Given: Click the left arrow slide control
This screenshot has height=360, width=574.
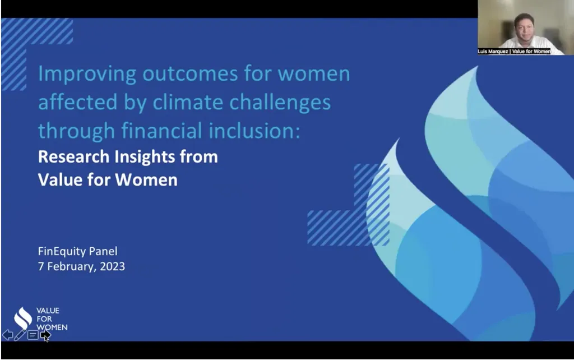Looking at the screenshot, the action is [x=7, y=335].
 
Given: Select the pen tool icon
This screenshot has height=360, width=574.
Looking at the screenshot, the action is [x=20, y=335].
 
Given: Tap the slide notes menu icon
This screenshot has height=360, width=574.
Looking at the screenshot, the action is [x=33, y=335].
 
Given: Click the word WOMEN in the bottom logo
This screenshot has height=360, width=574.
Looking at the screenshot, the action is [x=52, y=327].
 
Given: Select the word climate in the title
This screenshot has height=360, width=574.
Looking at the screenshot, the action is [x=187, y=102].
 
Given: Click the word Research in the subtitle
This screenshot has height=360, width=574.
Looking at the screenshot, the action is [x=73, y=157].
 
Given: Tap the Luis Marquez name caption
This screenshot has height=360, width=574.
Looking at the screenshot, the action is [x=514, y=51].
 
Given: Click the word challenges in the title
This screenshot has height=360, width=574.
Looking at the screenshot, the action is [x=280, y=103].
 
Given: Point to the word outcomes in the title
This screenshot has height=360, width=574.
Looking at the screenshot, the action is [x=191, y=74].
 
